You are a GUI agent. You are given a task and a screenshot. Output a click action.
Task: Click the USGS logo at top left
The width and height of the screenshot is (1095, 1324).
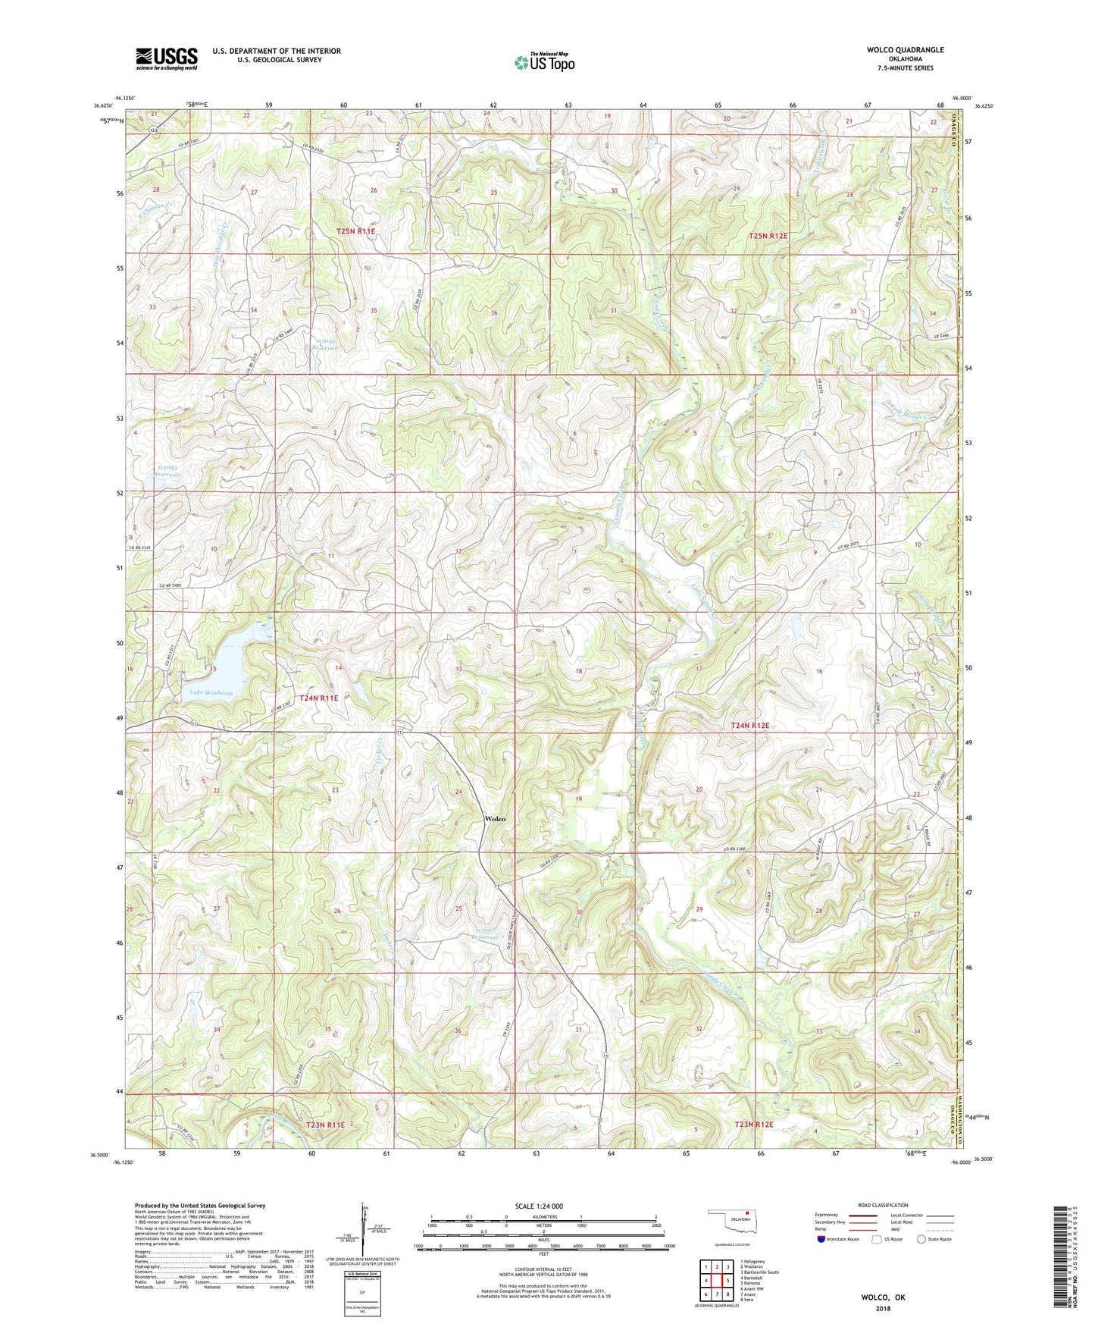166,58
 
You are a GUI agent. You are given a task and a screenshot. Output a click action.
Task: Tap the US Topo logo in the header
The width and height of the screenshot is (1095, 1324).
544,62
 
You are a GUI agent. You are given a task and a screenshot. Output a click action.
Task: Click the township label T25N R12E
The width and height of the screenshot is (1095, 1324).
768,236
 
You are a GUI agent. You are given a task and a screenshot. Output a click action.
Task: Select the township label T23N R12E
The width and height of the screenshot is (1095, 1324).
753,1124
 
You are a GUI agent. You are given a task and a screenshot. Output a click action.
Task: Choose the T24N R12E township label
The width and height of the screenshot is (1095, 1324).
749,726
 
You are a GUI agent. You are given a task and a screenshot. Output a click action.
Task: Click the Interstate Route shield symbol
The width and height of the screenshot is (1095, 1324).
821,1239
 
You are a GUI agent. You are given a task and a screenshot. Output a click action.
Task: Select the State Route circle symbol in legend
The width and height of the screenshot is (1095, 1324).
921,1239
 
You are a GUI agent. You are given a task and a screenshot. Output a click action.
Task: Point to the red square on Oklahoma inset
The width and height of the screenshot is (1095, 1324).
749,1221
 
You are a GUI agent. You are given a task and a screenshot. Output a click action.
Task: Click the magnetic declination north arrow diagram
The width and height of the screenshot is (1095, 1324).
364,1232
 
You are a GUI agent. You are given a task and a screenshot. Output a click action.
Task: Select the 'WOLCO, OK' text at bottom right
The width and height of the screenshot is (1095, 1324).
883,1297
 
